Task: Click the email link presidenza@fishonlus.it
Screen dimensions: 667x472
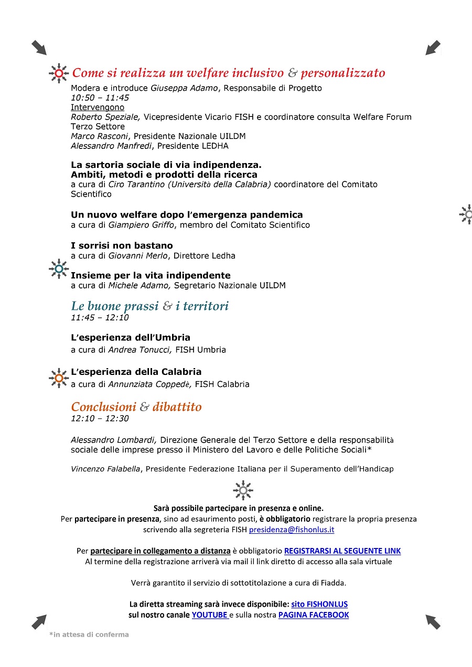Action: [x=292, y=530]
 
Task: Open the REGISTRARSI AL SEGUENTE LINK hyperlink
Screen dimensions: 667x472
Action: [x=342, y=551]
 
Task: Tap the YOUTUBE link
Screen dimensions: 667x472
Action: [x=210, y=615]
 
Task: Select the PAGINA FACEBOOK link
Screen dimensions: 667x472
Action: [x=314, y=615]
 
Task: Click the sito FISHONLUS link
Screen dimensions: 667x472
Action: [x=319, y=604]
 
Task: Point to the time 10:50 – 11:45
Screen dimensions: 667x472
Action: [x=100, y=98]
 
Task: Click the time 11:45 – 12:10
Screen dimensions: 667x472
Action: [x=100, y=318]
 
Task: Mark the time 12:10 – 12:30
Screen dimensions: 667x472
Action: [x=100, y=418]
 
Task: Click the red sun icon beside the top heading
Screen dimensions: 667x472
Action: [x=59, y=73]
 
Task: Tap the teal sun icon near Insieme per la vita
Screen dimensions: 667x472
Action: [x=59, y=269]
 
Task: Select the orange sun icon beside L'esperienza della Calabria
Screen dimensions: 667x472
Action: [x=59, y=378]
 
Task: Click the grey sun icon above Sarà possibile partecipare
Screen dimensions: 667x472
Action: [x=243, y=490]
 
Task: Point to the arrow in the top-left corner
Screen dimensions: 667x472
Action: [x=39, y=48]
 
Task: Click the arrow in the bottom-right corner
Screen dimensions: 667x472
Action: [x=433, y=622]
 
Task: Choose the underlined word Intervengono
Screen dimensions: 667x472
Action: [x=98, y=107]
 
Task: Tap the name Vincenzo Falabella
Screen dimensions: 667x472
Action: [x=105, y=469]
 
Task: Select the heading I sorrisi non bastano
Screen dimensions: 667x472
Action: [x=122, y=245]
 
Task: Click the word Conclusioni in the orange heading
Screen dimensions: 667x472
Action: [x=103, y=407]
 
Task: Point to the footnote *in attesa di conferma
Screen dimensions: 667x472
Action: [x=89, y=634]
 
